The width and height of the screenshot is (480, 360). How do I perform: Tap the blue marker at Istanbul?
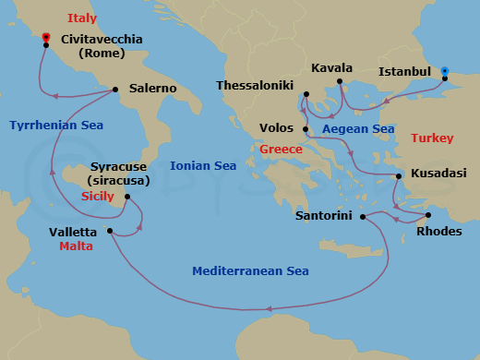click(x=444, y=70)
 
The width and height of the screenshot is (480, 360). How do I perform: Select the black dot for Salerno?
click(x=115, y=90)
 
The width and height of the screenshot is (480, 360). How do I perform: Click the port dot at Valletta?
click(x=110, y=231)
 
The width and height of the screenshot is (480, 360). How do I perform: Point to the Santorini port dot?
click(x=361, y=217)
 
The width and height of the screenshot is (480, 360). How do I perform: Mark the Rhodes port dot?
click(x=426, y=216)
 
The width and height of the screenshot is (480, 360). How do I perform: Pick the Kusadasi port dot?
click(x=399, y=175)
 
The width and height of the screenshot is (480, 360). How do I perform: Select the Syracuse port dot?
click(x=126, y=197)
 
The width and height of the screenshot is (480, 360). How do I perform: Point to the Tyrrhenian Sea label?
click(x=55, y=125)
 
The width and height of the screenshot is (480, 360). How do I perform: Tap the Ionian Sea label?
click(x=203, y=165)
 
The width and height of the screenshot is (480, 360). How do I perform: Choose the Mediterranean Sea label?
click(x=250, y=271)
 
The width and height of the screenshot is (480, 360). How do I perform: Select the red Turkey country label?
click(x=432, y=138)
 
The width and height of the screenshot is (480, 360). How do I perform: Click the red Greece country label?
click(x=281, y=150)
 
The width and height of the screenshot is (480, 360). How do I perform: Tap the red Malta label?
click(x=76, y=247)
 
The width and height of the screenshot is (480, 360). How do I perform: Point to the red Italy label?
click(x=81, y=18)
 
